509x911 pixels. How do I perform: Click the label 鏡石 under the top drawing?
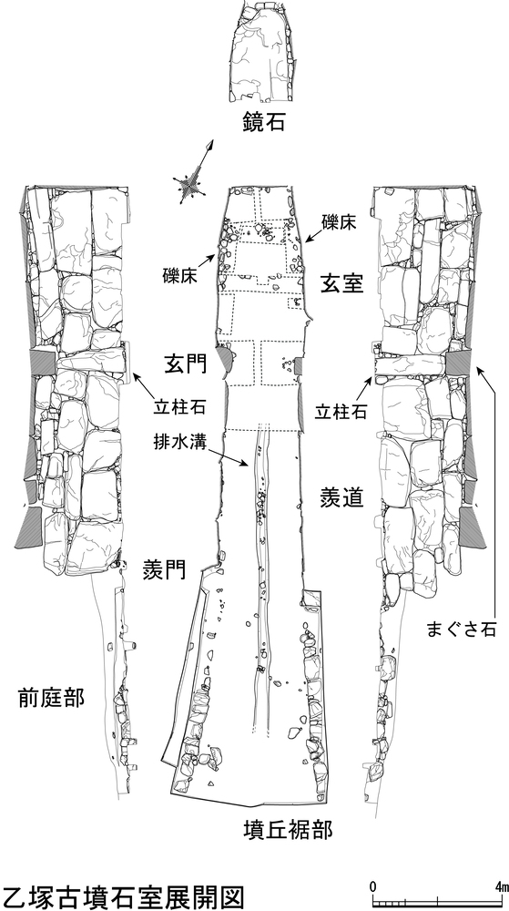pos(264,123)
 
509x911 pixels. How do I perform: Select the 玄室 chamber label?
pos(341,283)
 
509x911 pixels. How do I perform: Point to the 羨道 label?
pos(341,498)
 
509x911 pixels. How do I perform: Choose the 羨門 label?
pos(164,570)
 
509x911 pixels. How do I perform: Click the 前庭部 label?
pos(51,697)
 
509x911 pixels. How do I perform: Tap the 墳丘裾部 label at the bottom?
pos(288,830)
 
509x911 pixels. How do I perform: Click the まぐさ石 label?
pos(462,630)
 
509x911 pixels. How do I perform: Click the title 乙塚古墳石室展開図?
pos(121,897)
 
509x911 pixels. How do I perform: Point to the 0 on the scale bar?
pos(372,886)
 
